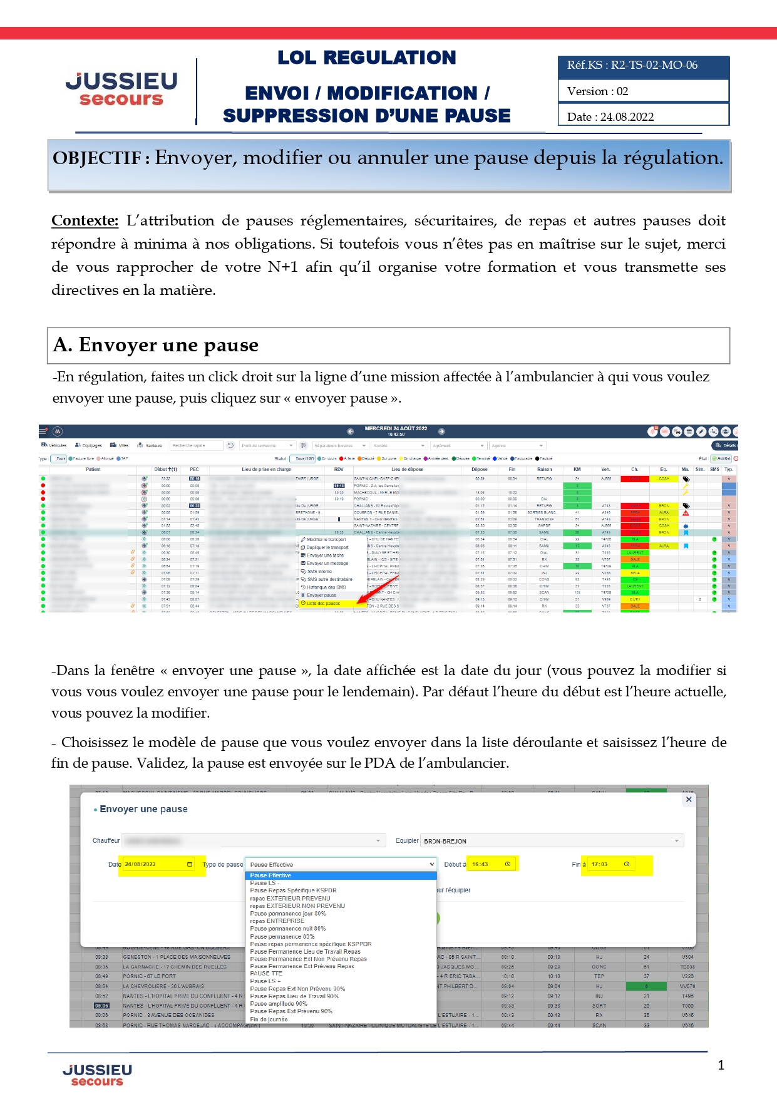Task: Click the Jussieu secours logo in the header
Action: pyautogui.click(x=121, y=89)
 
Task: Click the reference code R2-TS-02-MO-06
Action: pyautogui.click(x=654, y=65)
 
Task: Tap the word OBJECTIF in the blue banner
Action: pyautogui.click(x=96, y=158)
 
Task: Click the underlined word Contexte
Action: pyautogui.click(x=85, y=221)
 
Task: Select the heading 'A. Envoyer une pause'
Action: pyautogui.click(x=156, y=345)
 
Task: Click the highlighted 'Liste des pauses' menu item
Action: pyautogui.click(x=324, y=604)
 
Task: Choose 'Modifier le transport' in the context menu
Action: pyautogui.click(x=326, y=539)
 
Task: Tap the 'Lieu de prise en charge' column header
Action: pyautogui.click(x=266, y=469)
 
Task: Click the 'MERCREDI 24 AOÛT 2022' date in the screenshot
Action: pyautogui.click(x=396, y=429)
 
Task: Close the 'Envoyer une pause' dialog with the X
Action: pyautogui.click(x=689, y=800)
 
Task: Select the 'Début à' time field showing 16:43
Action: pyautogui.click(x=491, y=864)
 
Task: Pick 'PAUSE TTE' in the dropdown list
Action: pyautogui.click(x=266, y=974)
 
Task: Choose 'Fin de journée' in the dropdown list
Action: pyautogui.click(x=269, y=1019)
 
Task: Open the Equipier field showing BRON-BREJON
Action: pyautogui.click(x=552, y=841)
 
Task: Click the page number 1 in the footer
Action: pyautogui.click(x=721, y=1065)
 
